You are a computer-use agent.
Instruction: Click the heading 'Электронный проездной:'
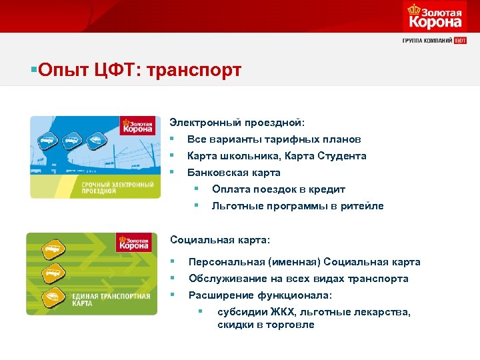[x=237, y=123]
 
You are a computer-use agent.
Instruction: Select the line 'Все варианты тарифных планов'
[x=274, y=139]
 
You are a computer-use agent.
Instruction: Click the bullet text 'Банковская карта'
[x=233, y=173]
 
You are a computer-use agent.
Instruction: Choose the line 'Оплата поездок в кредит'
[x=278, y=189]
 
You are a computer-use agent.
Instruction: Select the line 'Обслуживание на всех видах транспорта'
[x=298, y=279]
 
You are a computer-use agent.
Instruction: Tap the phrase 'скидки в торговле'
[x=265, y=325]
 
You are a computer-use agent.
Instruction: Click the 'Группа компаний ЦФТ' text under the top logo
[x=434, y=40]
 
